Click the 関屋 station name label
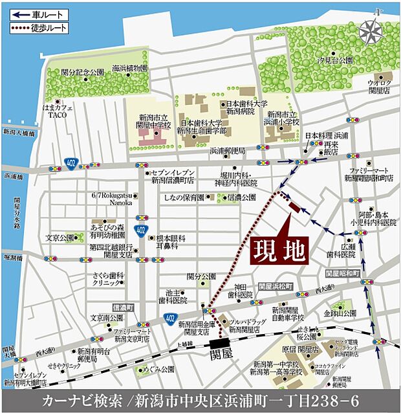(x=221, y=355)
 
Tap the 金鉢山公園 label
(x=340, y=312)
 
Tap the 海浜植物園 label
(x=129, y=68)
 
